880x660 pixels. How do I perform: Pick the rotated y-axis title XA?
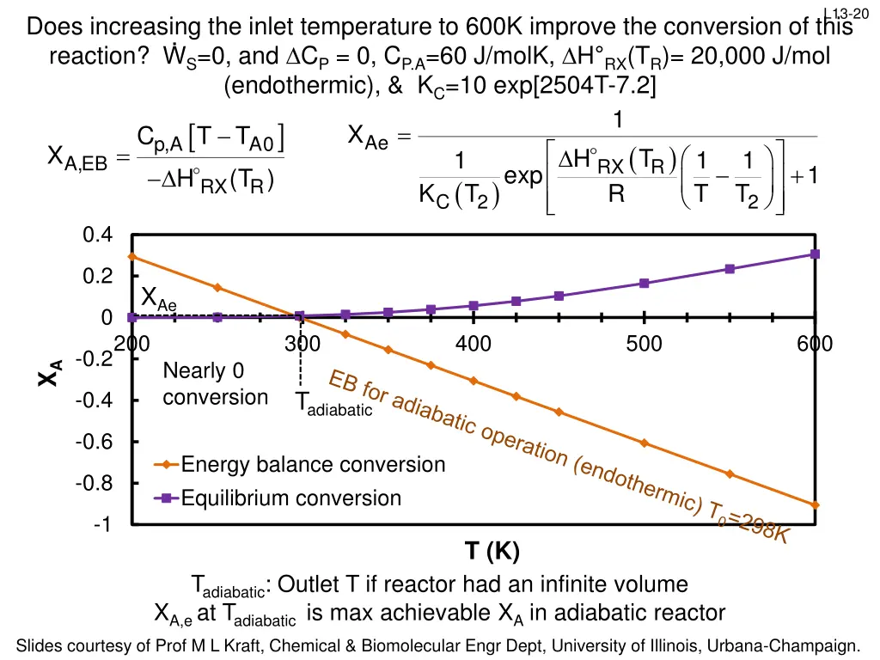point(52,374)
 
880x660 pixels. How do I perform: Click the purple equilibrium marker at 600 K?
point(815,254)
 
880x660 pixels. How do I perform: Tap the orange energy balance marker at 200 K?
point(131,256)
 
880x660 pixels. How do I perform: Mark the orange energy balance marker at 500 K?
point(644,443)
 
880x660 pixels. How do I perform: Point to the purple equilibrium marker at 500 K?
point(644,284)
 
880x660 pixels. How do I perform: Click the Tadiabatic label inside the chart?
point(333,404)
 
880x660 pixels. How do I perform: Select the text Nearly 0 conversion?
point(215,384)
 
